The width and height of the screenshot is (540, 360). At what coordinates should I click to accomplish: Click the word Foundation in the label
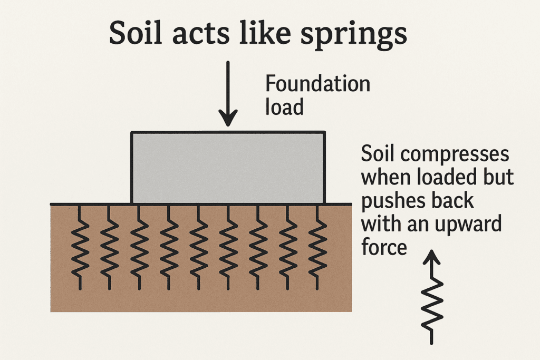[x=317, y=84]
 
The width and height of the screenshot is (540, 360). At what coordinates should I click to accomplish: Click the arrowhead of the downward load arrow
[x=228, y=119]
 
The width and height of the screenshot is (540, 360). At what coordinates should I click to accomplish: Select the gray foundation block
[x=227, y=168]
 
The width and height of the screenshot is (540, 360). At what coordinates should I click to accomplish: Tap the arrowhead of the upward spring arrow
[x=432, y=258]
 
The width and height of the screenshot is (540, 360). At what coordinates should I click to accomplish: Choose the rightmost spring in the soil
[x=317, y=248]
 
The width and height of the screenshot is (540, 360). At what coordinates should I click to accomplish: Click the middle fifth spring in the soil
[x=198, y=248]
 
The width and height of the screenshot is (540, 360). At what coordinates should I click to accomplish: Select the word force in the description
[x=384, y=247]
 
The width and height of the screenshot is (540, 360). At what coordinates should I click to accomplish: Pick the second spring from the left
[x=110, y=248]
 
